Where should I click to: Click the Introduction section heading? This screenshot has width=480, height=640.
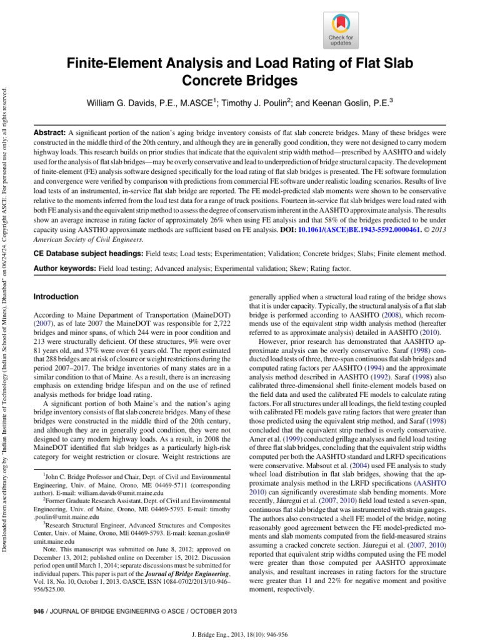(x=56, y=297)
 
